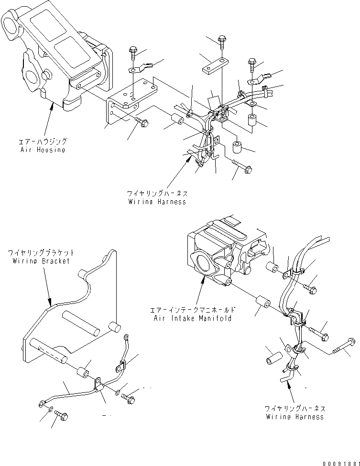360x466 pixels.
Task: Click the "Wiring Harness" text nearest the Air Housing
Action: [x=157, y=202]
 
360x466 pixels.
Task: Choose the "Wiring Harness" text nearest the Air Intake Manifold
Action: [x=295, y=417]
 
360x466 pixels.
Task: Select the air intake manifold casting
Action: [x=225, y=253]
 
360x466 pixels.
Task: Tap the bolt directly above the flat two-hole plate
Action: [x=222, y=41]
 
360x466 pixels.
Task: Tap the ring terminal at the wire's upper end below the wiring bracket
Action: [x=126, y=337]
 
